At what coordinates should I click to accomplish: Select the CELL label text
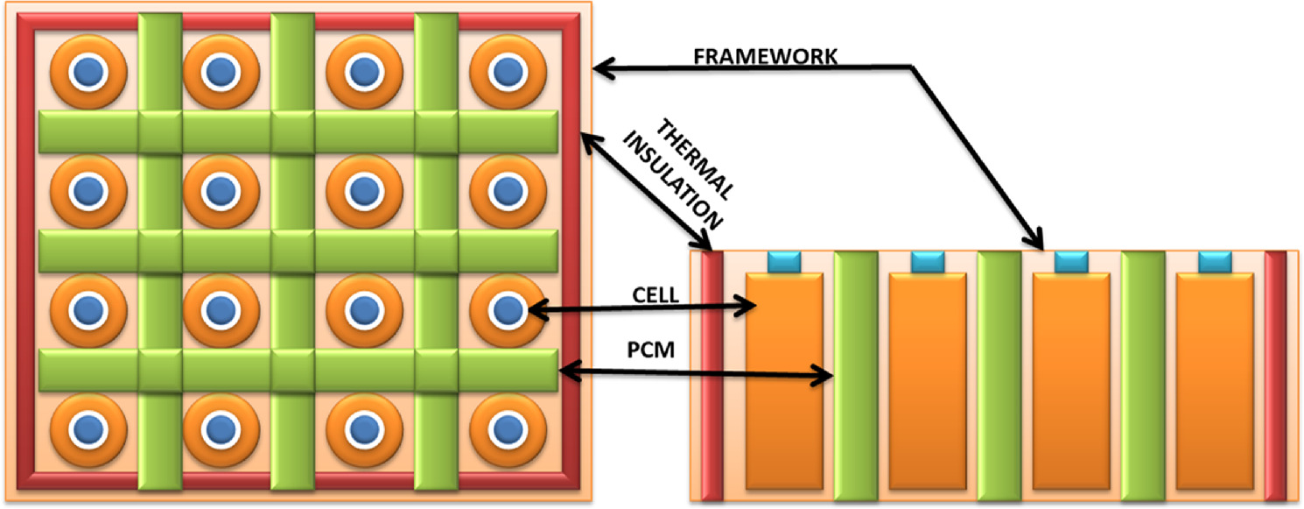(x=654, y=295)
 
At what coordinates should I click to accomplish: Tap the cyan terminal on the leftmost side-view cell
(x=784, y=261)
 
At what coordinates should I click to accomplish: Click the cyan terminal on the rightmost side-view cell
(x=1216, y=261)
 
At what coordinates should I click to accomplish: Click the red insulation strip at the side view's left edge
(x=712, y=377)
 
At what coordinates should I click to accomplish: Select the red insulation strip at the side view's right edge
(x=1275, y=377)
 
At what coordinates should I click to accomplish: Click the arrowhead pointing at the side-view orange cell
(x=749, y=305)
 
